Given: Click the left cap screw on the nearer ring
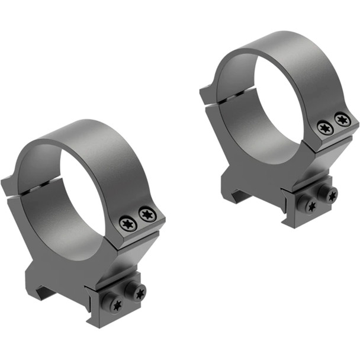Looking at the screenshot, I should click(x=127, y=224).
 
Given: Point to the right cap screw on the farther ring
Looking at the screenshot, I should click(x=342, y=119).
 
